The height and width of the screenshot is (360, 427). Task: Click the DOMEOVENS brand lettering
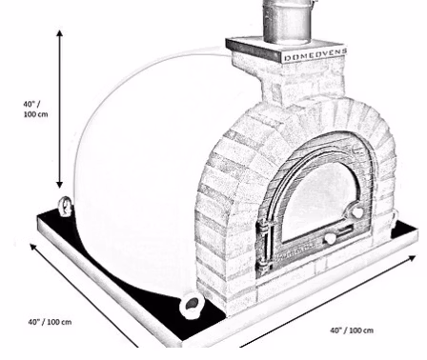[x=315, y=55]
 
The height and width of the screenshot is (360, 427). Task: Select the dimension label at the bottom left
[x=50, y=322]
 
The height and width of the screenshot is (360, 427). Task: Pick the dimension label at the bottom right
[x=352, y=330]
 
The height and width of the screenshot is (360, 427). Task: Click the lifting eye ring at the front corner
[x=191, y=305]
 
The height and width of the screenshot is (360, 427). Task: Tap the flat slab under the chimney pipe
[x=286, y=49]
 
